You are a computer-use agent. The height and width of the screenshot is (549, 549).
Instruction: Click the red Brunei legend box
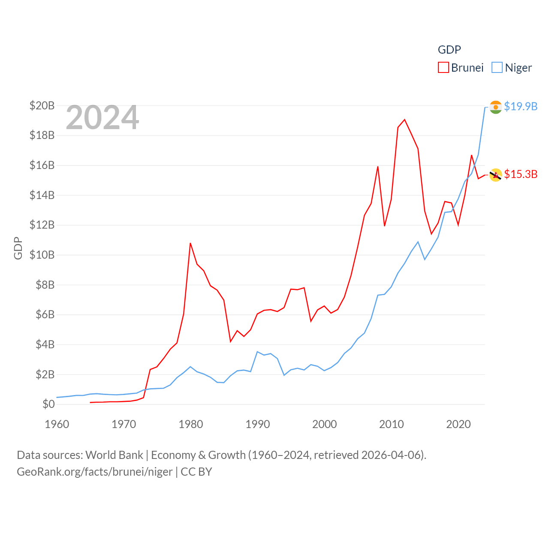point(443,68)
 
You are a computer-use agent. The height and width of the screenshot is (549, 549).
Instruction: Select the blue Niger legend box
point(497,68)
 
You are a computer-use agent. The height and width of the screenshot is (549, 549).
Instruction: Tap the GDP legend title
point(449,50)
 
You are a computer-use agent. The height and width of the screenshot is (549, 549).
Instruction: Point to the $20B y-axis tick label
point(42,106)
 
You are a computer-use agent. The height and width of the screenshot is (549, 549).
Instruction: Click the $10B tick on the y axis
point(42,255)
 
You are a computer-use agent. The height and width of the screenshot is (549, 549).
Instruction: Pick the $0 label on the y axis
point(48,404)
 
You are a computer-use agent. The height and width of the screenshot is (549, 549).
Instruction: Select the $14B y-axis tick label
point(42,195)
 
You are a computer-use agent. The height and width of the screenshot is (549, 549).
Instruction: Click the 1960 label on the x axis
point(57,424)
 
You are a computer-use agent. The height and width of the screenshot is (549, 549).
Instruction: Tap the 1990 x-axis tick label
point(258,424)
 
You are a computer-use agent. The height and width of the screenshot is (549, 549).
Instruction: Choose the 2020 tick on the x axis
point(459,424)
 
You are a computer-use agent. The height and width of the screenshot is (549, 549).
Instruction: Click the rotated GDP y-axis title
point(18,248)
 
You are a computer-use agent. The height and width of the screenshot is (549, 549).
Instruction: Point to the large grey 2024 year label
point(103,118)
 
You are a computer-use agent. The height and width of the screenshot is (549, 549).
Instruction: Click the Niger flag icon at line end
point(496,107)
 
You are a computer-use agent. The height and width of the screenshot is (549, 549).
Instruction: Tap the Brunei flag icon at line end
point(496,175)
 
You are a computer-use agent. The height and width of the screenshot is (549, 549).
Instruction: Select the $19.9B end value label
point(521,106)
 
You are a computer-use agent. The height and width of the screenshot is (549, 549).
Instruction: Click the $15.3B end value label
point(521,174)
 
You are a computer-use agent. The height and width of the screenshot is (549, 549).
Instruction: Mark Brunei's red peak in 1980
point(190,243)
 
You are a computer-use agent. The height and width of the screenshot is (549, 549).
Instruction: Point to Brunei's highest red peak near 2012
point(404,120)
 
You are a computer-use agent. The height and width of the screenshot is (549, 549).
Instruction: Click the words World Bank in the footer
point(115,455)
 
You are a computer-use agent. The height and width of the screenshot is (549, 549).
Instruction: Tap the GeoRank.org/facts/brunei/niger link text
point(95,472)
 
